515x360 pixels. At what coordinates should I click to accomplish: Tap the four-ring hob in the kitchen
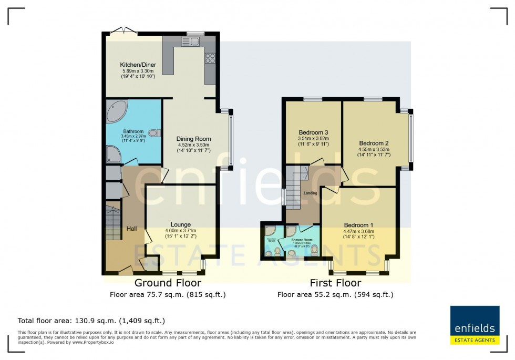[x=210, y=58]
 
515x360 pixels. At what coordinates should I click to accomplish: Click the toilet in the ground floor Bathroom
[x=154, y=133]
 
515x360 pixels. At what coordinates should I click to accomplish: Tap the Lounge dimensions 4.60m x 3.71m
[x=181, y=230]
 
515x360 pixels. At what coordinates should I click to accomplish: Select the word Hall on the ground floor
[x=131, y=229]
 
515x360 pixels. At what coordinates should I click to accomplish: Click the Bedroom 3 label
[x=313, y=132]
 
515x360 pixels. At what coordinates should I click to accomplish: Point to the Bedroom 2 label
[x=374, y=142]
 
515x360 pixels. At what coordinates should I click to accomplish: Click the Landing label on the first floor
[x=310, y=193]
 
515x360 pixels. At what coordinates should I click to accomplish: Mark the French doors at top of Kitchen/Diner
[x=126, y=31]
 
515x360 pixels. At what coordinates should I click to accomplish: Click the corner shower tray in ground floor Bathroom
[x=113, y=153]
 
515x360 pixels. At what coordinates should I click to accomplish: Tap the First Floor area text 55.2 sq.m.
[x=335, y=295]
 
